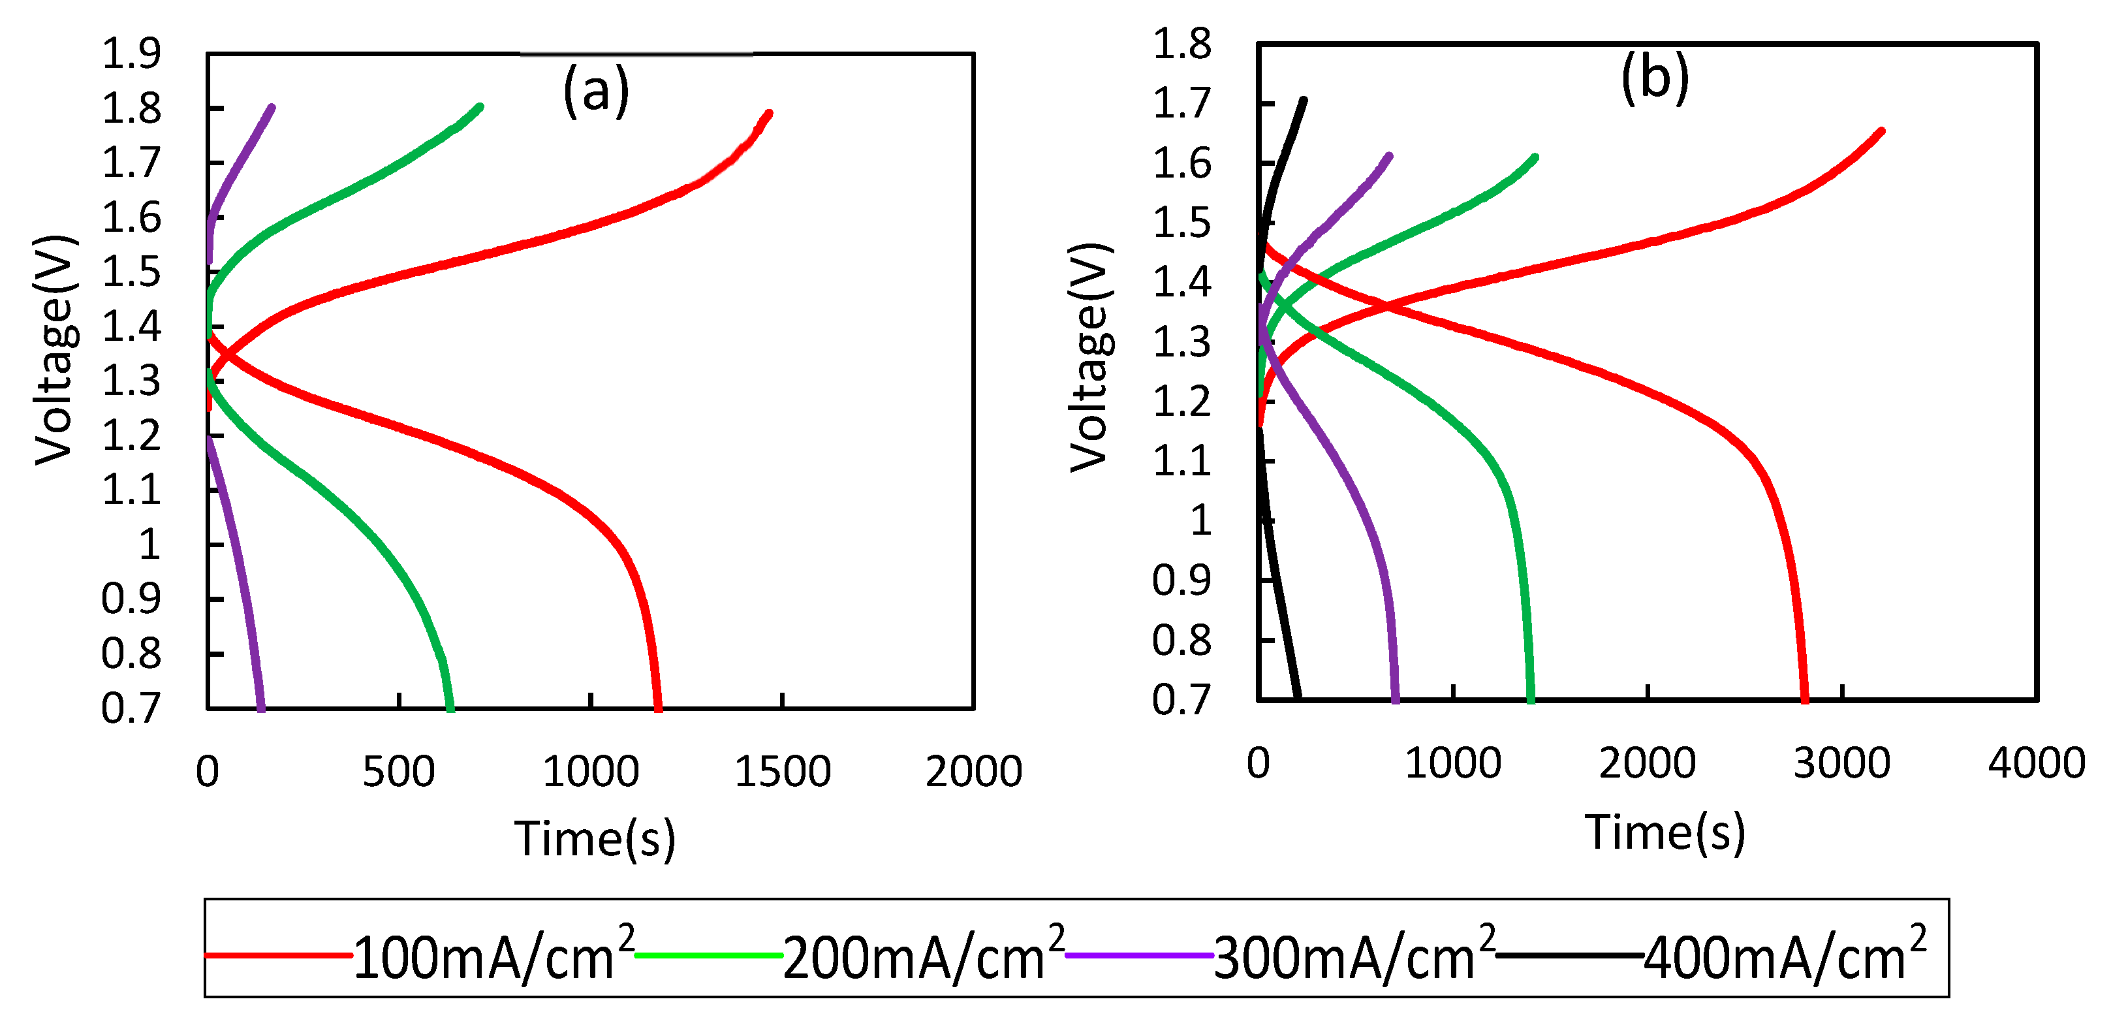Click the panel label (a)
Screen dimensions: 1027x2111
point(596,90)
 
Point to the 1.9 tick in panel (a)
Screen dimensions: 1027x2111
point(131,54)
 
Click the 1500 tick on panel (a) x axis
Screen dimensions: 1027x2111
point(782,771)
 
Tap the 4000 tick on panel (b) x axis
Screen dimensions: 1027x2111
point(2035,763)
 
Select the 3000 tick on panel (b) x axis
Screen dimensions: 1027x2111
point(1841,763)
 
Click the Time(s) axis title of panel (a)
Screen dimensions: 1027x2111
point(595,838)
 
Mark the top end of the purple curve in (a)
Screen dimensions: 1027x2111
point(272,107)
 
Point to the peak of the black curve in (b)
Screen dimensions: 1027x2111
point(1304,100)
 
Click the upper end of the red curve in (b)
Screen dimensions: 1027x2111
point(1881,131)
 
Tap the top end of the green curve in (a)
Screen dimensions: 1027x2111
point(480,106)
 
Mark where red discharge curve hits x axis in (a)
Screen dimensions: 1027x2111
point(658,706)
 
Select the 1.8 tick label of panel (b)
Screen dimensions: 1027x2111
point(1181,44)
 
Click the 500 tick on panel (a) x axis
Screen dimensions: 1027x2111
point(398,771)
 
